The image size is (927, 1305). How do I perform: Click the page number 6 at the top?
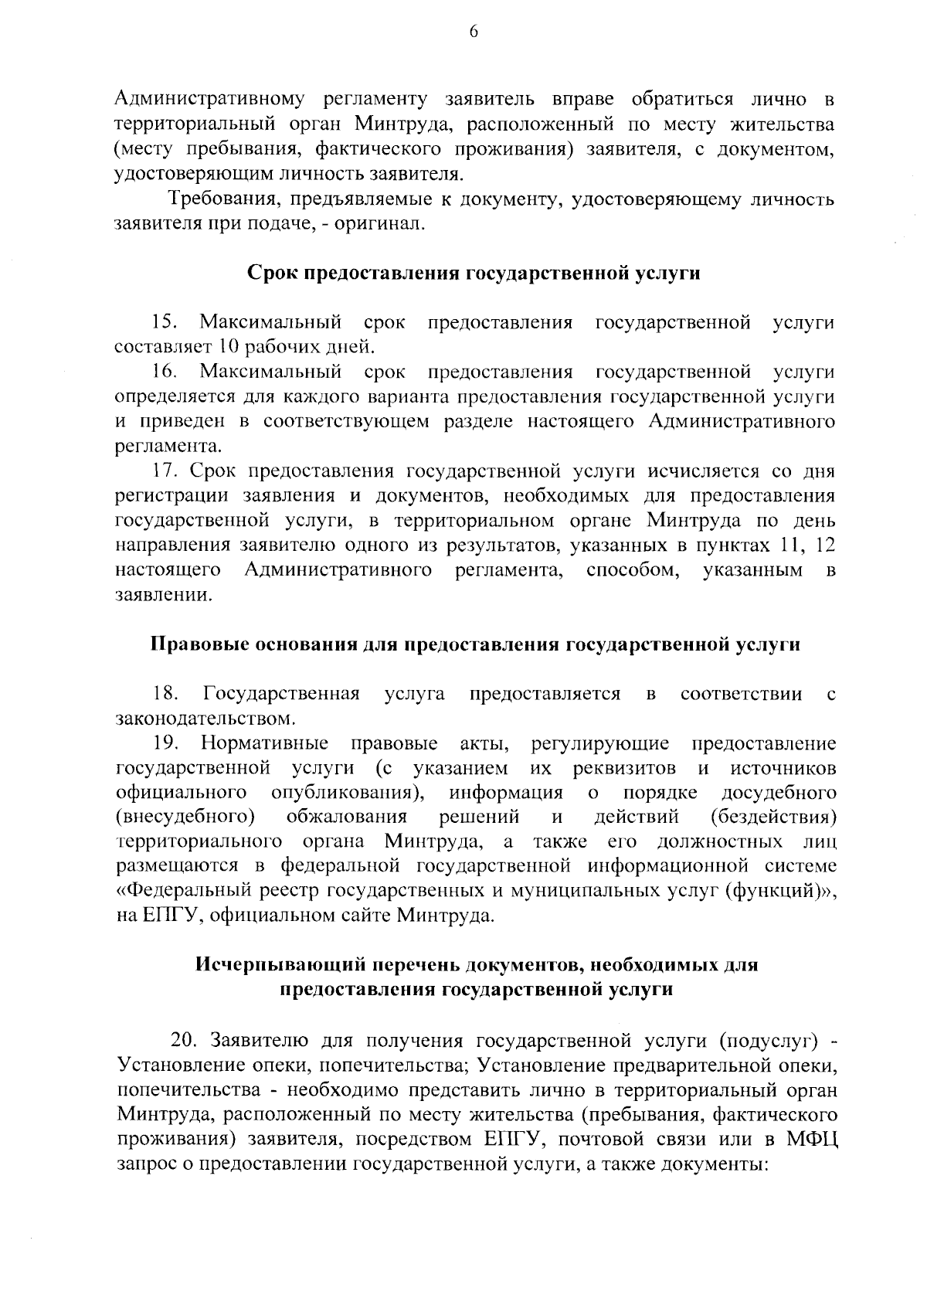(474, 31)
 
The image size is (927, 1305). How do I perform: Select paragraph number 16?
(165, 372)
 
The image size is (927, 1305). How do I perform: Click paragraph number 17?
(165, 471)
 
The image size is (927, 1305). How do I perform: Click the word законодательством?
(205, 719)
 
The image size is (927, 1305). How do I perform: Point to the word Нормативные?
(264, 744)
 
